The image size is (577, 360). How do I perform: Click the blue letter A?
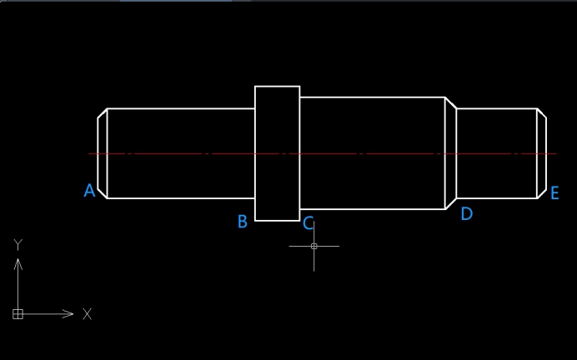[x=89, y=191]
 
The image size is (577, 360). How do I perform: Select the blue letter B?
[x=243, y=222]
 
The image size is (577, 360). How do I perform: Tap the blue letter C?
[x=309, y=223]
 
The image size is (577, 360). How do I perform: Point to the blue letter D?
[x=466, y=214]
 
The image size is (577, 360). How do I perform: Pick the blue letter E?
[x=554, y=193]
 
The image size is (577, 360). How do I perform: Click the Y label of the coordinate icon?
[x=18, y=244]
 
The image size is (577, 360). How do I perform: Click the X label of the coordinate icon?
[x=87, y=314]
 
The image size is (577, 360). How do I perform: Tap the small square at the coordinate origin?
[x=18, y=314]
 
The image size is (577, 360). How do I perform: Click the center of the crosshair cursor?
[x=314, y=246]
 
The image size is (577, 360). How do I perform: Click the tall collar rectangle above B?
[x=277, y=153]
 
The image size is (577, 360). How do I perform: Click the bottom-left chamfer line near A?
[x=103, y=193]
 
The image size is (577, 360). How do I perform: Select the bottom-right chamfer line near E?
[x=541, y=193]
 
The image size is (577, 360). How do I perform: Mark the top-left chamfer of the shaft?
[x=103, y=113]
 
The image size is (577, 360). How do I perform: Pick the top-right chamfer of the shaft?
[x=541, y=113]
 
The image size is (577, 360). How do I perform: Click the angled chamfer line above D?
[x=450, y=103]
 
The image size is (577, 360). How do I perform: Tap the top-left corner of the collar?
[x=255, y=87]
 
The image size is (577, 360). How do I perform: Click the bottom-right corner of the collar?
[x=299, y=221]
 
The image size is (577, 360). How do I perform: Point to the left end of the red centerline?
[x=90, y=153]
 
